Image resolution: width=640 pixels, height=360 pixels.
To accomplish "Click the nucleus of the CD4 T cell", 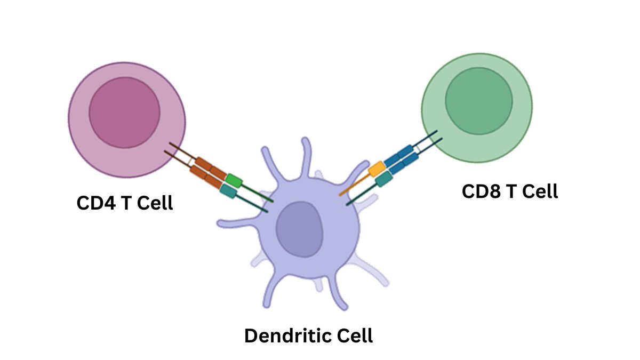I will point(124,113).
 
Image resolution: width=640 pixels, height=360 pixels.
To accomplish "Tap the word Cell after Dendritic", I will point(353,336).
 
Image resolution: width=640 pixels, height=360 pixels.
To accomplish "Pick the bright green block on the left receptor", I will point(234,180).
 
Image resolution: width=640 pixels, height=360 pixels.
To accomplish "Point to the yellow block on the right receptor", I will point(377,169).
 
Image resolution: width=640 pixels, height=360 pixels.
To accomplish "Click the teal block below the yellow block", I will point(383,180).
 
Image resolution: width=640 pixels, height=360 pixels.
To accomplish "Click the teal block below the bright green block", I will point(228,191).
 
